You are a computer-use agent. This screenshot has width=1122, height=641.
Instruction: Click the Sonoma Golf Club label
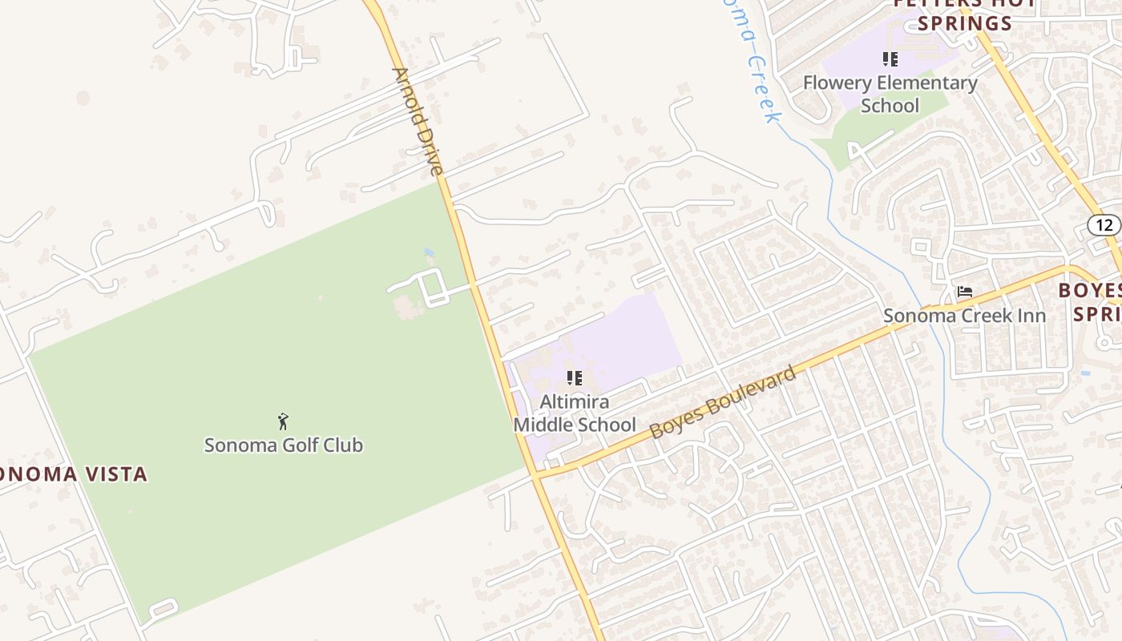[x=283, y=445]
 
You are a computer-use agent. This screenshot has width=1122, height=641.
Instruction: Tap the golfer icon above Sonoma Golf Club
[x=282, y=421]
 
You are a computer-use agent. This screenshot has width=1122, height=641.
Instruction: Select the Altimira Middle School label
[x=575, y=413]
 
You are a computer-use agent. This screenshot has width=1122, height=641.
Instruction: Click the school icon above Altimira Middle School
[x=574, y=378]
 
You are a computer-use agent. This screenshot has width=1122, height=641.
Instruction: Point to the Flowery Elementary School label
[x=890, y=94]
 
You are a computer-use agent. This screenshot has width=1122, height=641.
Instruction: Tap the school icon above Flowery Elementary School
[x=890, y=58]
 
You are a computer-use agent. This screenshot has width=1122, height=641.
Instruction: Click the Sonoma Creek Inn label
[x=964, y=315]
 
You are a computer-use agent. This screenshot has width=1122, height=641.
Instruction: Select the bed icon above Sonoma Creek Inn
[x=965, y=292]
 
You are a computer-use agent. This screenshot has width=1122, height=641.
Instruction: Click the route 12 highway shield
[x=1105, y=225]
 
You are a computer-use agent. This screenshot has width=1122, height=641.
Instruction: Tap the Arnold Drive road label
[x=418, y=122]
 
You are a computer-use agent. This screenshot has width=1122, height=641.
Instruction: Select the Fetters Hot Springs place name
[x=965, y=13]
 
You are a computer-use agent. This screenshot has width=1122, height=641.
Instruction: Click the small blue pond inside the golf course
[x=430, y=252]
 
